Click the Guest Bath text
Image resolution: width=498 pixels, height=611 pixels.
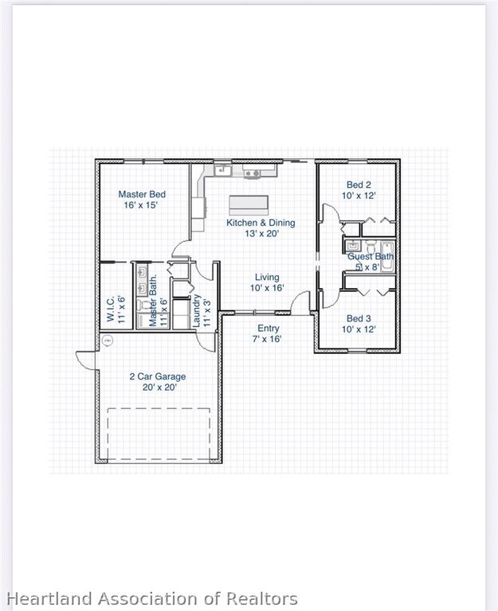tap(371, 257)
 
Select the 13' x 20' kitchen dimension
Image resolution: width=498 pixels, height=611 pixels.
tap(261, 234)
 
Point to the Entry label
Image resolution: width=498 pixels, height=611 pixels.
tap(267, 328)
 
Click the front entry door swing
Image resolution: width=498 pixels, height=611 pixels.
tap(300, 302)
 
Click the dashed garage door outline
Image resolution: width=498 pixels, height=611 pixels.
tap(159, 434)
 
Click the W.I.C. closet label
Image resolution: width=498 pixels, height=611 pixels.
tap(112, 309)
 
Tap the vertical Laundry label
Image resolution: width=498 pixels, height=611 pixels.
tap(197, 312)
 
